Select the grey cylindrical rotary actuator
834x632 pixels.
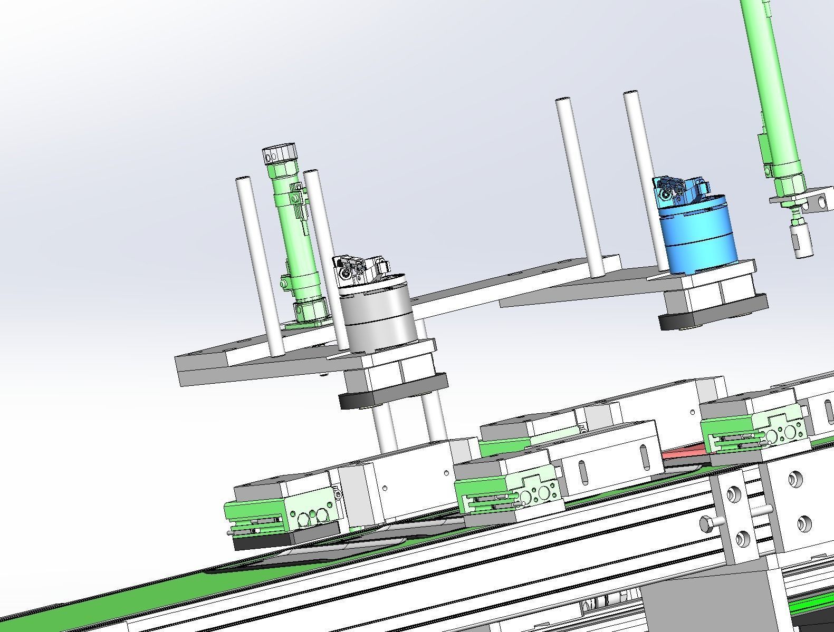376,316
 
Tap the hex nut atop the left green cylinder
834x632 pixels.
281,155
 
